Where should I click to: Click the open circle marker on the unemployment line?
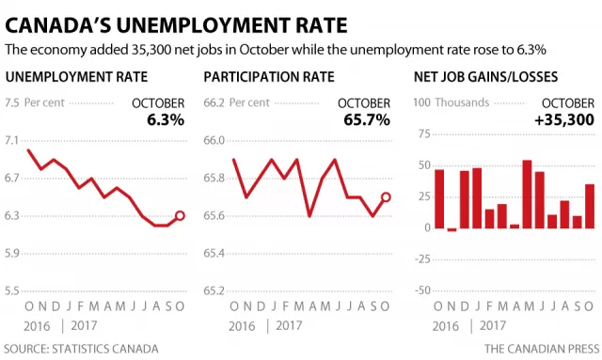tap(180, 215)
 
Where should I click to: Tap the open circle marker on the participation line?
tap(386, 197)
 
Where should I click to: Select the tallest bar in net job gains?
tap(527, 195)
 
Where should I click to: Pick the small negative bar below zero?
tap(451, 229)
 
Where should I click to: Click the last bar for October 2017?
tap(590, 206)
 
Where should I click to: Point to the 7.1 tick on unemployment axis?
tap(11, 141)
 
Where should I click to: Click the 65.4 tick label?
tap(214, 253)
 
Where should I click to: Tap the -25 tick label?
tap(422, 259)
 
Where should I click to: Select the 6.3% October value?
tap(166, 120)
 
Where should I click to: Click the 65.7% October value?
tap(367, 120)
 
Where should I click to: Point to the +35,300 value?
tap(564, 120)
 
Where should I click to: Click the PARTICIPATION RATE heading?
tap(269, 77)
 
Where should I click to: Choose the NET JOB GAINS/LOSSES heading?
tap(485, 77)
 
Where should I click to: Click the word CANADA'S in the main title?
tap(56, 25)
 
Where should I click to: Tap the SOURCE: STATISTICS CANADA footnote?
tap(82, 349)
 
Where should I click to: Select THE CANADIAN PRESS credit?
tap(542, 349)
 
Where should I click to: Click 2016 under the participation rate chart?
tap(242, 326)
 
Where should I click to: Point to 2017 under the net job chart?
tap(493, 326)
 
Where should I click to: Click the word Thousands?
tap(462, 102)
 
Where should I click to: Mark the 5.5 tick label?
tap(11, 291)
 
